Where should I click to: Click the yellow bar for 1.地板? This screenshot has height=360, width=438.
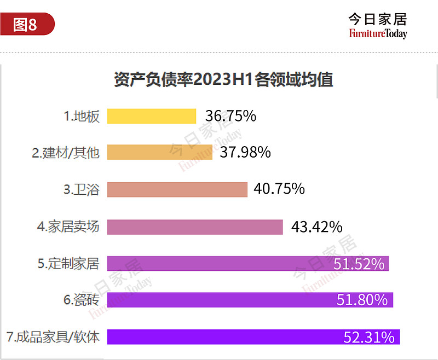152,117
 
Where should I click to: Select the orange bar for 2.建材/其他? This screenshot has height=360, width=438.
160,152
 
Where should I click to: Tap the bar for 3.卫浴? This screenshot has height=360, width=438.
177,189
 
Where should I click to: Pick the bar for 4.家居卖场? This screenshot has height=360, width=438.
195,227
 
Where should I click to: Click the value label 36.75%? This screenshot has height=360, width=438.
230,116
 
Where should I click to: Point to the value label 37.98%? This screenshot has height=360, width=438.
245,152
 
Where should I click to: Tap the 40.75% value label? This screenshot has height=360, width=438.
279,189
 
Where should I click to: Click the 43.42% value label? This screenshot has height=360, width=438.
316,227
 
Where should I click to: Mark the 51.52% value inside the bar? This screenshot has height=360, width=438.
359,264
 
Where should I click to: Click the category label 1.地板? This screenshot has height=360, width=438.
82,117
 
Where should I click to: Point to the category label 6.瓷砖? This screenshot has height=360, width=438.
82,300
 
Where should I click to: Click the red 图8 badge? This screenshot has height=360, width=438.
26,25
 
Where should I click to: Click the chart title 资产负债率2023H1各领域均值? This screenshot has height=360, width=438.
223,80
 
